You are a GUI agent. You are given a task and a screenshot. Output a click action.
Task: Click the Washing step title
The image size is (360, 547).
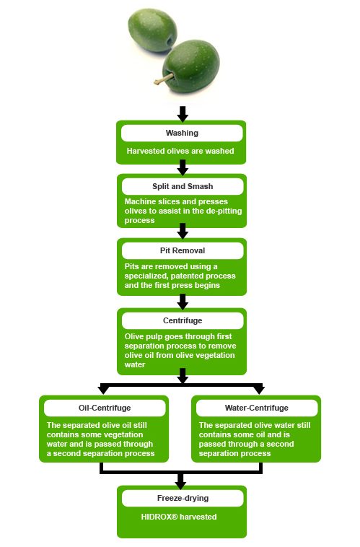tap(182, 133)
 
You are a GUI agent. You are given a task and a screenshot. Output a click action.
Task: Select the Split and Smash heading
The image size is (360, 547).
tap(183, 186)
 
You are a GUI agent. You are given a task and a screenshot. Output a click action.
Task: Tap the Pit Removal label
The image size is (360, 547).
tap(183, 250)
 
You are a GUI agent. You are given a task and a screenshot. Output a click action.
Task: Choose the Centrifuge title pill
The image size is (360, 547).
tap(183, 320)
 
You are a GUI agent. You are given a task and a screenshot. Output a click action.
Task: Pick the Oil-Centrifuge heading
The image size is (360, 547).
tap(105, 408)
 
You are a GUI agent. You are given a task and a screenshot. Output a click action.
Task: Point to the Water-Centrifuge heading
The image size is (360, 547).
tap(257, 408)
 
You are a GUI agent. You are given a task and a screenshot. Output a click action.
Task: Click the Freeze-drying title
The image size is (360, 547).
tap(183, 498)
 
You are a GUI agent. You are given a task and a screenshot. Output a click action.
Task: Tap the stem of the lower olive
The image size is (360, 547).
tap(162, 80)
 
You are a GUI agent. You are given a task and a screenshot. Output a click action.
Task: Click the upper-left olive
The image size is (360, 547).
tap(152, 30)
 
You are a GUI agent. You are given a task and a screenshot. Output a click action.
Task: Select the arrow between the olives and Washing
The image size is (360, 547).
tap(183, 114)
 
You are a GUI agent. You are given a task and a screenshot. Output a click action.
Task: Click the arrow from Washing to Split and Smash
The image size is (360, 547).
tap(183, 167)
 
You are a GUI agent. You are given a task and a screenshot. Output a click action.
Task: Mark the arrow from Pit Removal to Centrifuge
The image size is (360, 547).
tap(183, 302)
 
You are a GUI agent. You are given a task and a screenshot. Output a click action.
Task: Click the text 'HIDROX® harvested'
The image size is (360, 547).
tap(179, 517)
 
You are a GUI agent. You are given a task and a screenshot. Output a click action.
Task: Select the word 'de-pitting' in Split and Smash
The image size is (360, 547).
tap(224, 211)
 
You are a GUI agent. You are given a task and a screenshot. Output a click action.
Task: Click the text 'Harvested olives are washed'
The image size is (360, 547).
tap(180, 151)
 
